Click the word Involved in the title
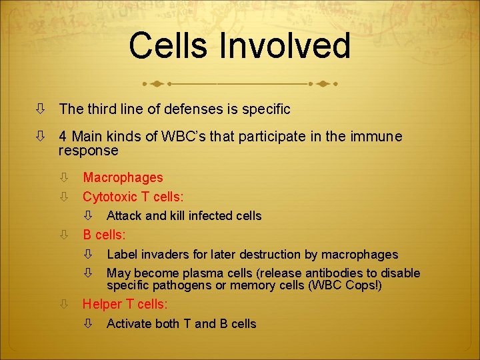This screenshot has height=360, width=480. (287, 47)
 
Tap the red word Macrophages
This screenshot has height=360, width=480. (123, 177)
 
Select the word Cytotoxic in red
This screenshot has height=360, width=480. (110, 197)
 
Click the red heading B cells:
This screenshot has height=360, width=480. (104, 235)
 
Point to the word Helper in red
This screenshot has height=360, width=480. (102, 304)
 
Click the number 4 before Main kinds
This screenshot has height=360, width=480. (62, 137)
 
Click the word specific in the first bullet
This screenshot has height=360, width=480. (265, 108)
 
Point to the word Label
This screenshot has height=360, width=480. (122, 254)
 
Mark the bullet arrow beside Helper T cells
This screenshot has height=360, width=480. (63, 305)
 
